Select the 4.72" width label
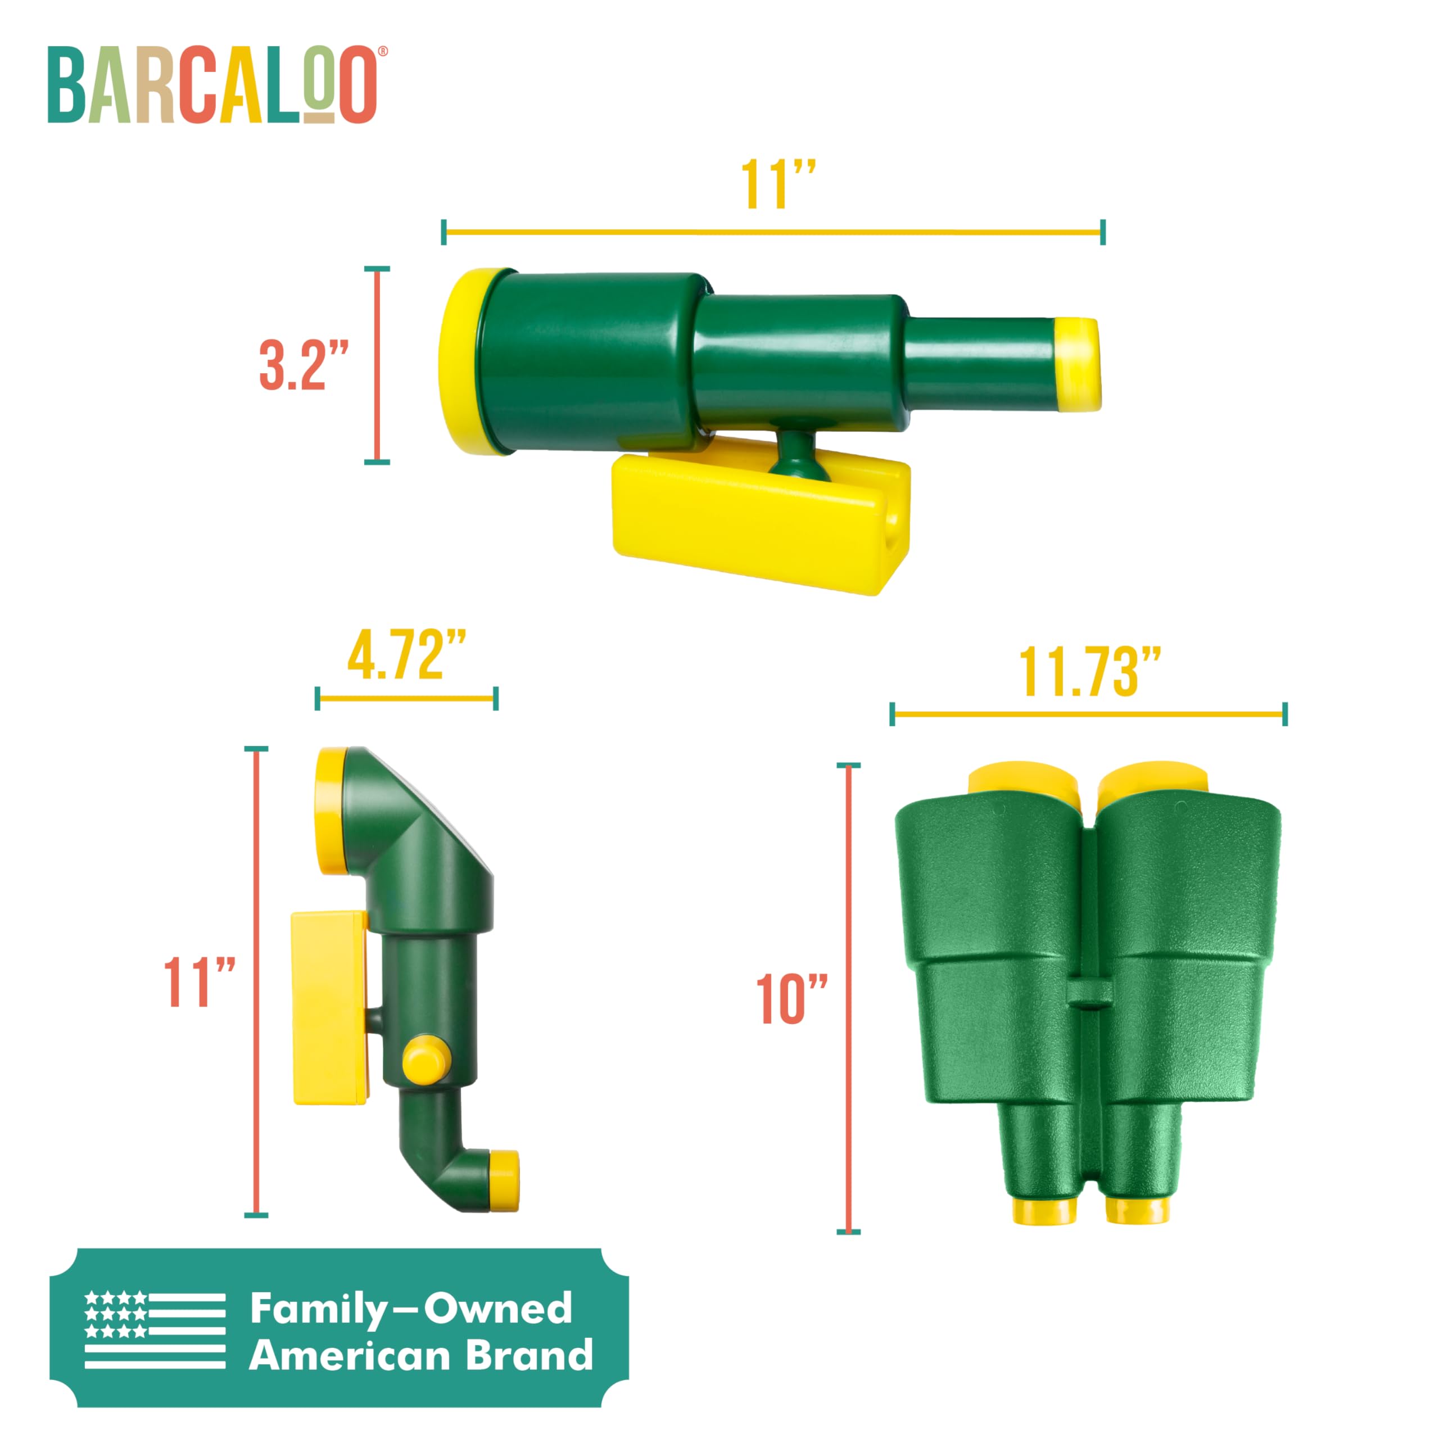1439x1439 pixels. pos(406,656)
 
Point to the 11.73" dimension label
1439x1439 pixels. pos(1089,673)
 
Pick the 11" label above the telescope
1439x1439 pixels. pos(777,185)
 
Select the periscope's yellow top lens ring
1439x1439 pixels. pos(329,811)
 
